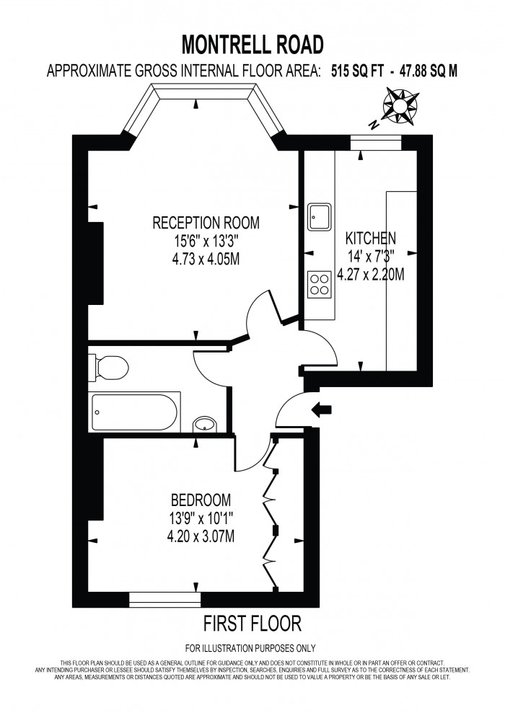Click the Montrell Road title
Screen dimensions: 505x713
(252, 45)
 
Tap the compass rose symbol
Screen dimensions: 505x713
(400, 105)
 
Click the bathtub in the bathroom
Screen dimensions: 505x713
(135, 412)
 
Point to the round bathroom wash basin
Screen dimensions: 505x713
(206, 425)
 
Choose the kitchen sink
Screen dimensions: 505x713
(320, 217)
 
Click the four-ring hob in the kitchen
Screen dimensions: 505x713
(319, 284)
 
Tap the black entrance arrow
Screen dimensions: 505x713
(322, 409)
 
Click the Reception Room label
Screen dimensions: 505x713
(206, 223)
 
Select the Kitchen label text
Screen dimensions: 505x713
(370, 239)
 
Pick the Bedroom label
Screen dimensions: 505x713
(201, 500)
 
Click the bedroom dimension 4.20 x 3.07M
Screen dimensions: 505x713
(201, 536)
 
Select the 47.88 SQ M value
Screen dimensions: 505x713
(428, 71)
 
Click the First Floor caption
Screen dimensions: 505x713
(252, 623)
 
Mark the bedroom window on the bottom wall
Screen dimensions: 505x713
(164, 599)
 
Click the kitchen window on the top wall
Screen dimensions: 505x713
(376, 142)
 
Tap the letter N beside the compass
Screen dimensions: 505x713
(374, 124)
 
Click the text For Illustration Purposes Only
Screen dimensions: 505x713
(250, 648)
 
